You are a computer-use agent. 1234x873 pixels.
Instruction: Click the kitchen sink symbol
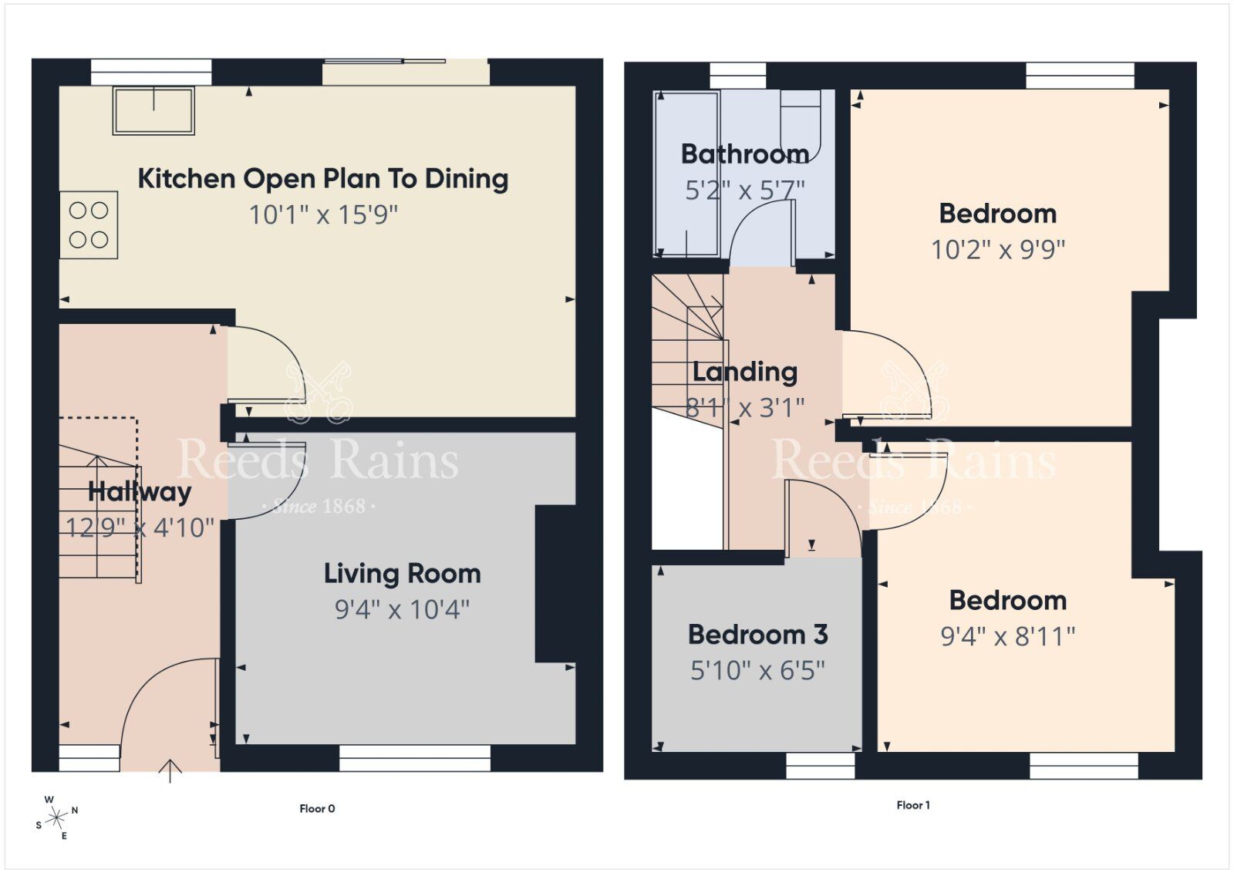153,111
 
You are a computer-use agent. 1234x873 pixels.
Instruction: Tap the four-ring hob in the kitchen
89,224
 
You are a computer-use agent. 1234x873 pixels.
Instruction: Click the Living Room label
402,574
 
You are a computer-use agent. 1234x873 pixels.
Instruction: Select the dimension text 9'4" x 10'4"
402,609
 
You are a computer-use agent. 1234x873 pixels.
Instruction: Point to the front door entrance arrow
170,770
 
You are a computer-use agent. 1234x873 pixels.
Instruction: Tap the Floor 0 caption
317,808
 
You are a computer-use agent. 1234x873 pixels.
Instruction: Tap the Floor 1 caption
912,805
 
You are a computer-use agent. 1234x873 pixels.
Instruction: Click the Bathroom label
744,154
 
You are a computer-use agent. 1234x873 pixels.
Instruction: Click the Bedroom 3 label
757,635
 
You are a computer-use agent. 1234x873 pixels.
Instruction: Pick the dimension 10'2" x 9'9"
997,249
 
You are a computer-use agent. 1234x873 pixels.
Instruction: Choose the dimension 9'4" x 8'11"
1007,636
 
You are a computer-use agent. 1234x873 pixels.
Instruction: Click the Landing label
744,372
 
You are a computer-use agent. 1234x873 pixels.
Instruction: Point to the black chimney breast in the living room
555,584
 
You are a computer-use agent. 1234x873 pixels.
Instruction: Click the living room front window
415,757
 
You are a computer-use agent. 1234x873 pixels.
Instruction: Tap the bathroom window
737,76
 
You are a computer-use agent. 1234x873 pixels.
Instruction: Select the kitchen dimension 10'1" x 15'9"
323,214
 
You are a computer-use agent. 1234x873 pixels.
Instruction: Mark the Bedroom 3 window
820,765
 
